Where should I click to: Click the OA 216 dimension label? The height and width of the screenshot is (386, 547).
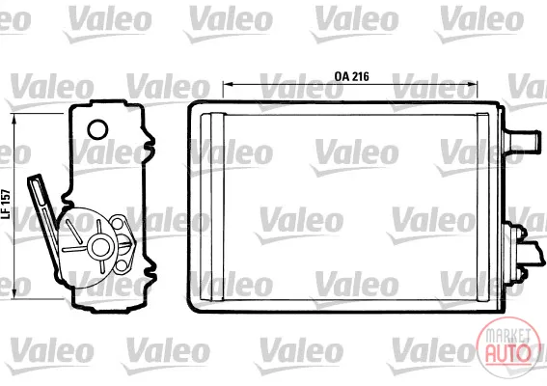[x=351, y=76]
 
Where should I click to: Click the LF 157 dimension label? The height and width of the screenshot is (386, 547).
[x=7, y=205]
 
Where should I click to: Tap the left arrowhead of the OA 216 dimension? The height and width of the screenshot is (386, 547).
[x=228, y=84]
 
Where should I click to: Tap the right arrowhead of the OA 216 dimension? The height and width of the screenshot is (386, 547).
[x=473, y=84]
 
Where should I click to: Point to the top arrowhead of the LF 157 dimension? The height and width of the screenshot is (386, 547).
[x=14, y=119]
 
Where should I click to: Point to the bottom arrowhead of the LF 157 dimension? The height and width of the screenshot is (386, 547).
[x=14, y=293]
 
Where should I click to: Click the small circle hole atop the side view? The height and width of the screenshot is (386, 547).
[x=97, y=129]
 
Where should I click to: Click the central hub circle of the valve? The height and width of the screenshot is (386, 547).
[x=100, y=247]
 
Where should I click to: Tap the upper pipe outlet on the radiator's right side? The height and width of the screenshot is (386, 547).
[x=521, y=141]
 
